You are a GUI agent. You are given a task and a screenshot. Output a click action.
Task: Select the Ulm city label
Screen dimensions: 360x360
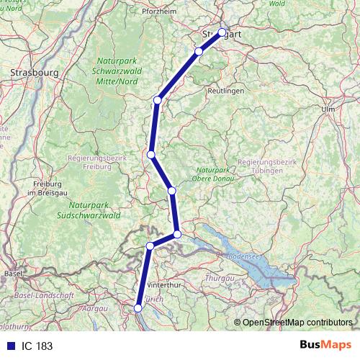click(x=330, y=108)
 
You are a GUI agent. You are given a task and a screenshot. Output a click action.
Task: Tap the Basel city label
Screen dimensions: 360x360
click(x=13, y=274)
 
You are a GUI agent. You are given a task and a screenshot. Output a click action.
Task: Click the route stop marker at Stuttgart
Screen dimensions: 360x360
click(x=222, y=32)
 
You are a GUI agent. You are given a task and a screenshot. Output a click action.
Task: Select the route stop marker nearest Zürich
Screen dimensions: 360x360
click(x=139, y=308)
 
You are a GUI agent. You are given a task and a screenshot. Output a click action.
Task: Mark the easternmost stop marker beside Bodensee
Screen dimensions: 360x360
click(x=177, y=234)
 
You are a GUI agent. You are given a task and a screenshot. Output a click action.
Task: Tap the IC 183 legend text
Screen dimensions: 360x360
click(x=37, y=346)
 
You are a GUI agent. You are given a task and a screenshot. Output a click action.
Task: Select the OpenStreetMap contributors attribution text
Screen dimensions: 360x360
click(x=297, y=323)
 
